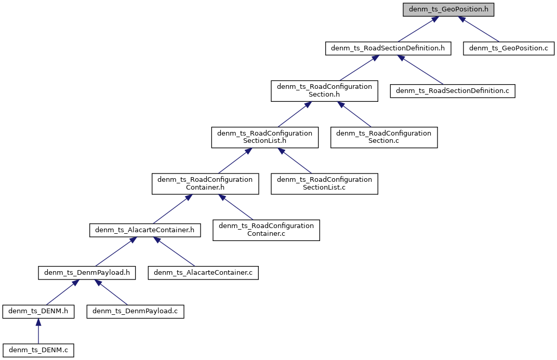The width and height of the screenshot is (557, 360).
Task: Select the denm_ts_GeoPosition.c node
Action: pyautogui.click(x=509, y=48)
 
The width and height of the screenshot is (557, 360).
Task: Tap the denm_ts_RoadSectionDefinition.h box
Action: pyautogui.click(x=388, y=48)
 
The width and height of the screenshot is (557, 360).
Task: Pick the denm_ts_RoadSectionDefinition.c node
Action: pyautogui.click(x=453, y=91)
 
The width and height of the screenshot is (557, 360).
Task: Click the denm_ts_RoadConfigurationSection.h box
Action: pyautogui.click(x=324, y=91)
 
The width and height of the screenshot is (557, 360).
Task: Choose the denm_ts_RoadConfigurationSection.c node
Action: pyautogui.click(x=384, y=137)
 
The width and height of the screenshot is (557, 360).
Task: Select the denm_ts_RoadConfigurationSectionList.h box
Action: pyautogui.click(x=264, y=137)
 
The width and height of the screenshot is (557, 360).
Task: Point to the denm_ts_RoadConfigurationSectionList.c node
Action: pyautogui.click(x=324, y=183)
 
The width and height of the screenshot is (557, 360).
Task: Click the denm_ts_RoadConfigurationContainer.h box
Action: pyautogui.click(x=205, y=183)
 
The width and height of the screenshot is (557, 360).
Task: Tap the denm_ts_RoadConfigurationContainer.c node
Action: pyautogui.click(x=266, y=230)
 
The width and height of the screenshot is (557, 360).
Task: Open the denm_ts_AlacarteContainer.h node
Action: pyautogui.click(x=145, y=230)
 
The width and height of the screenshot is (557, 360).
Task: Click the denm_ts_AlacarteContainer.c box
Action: pyautogui.click(x=203, y=272)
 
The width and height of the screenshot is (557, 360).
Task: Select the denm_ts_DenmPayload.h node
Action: pyautogui.click(x=87, y=272)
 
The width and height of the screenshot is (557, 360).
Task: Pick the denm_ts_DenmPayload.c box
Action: pyautogui.click(x=135, y=312)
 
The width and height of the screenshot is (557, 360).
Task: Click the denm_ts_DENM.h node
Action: pyautogui.click(x=38, y=312)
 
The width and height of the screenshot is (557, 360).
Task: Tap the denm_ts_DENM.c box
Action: pyautogui.click(x=38, y=351)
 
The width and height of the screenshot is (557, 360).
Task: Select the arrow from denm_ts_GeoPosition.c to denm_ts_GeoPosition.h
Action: pyautogui.click(x=479, y=29)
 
